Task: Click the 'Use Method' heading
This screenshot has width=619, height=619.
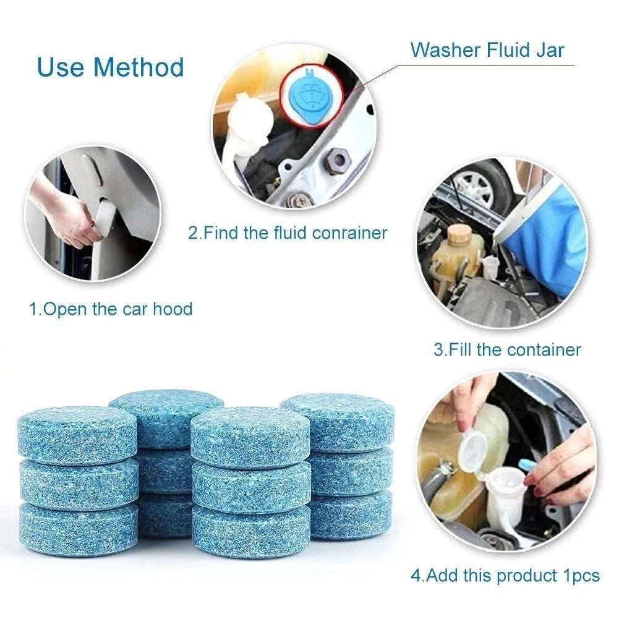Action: (x=111, y=67)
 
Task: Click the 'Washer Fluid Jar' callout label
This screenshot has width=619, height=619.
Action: (x=487, y=50)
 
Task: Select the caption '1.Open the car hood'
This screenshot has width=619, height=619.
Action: (x=111, y=309)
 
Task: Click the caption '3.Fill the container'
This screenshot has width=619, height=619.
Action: (x=507, y=349)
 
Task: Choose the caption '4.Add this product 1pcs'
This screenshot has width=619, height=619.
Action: (x=505, y=576)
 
